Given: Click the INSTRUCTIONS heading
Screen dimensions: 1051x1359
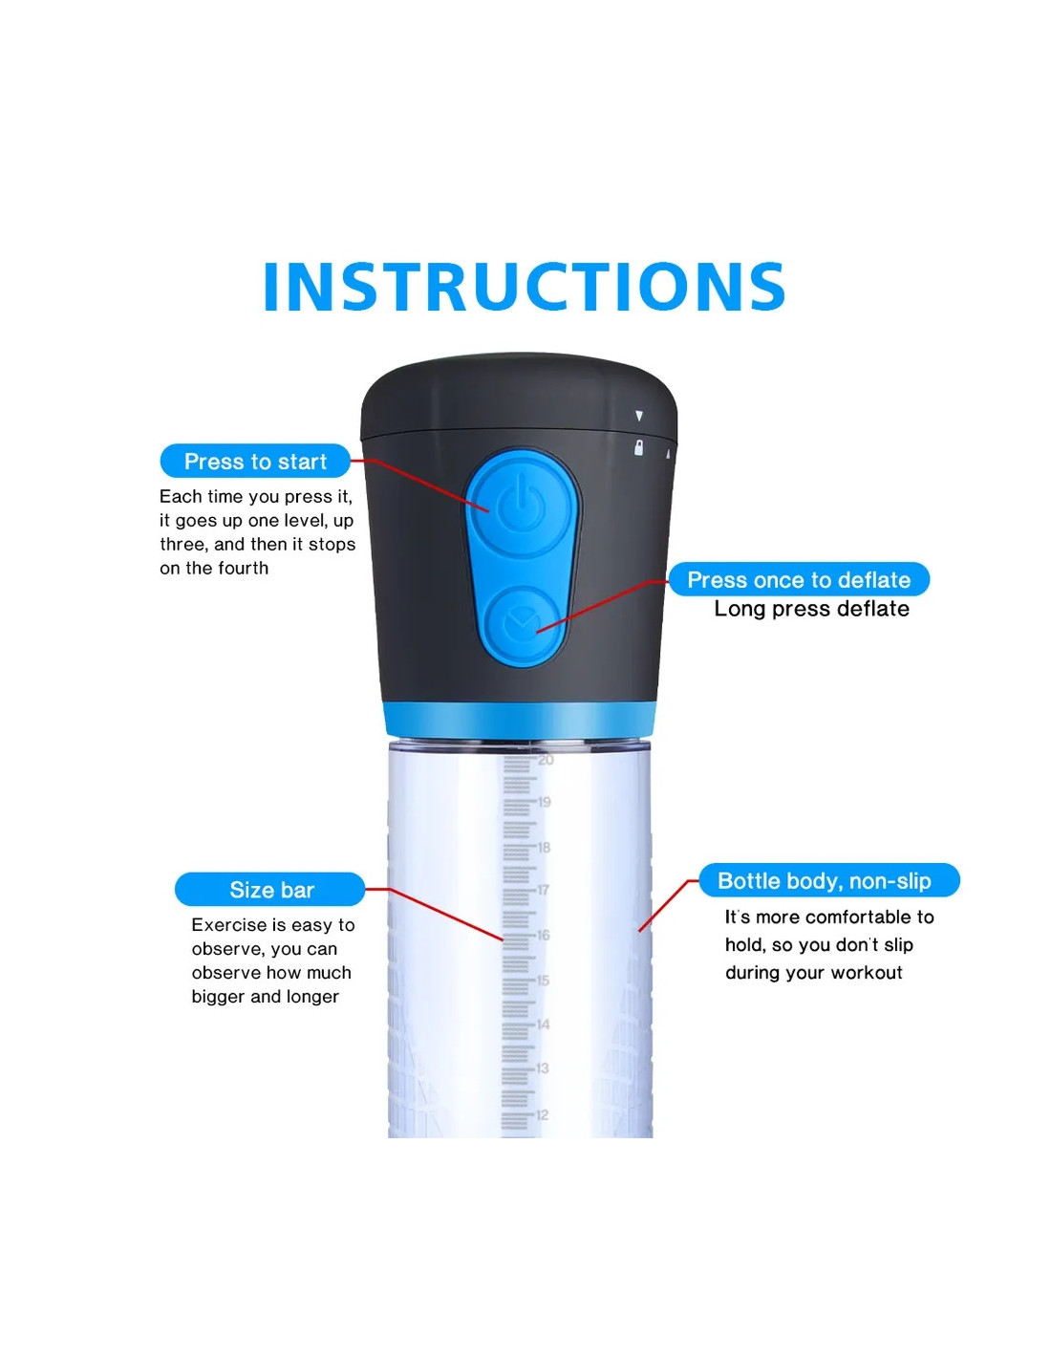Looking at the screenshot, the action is point(525,287).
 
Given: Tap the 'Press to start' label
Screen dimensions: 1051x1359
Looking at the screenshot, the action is point(255,462).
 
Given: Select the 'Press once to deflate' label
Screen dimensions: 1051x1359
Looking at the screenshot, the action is point(799,580).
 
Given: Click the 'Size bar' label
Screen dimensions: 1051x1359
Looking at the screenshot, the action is point(270,890).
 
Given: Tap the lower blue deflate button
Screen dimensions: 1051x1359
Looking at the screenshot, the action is point(524,624).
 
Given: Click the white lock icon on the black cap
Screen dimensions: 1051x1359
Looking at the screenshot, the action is point(638,447).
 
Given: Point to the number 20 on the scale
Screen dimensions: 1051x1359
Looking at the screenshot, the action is point(546,760).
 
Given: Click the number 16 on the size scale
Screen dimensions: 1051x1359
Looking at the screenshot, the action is point(543,935).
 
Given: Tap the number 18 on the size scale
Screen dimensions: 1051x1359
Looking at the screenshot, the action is point(544,848).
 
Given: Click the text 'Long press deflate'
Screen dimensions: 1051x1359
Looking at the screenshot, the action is point(811,609).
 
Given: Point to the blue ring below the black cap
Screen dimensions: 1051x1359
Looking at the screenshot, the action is point(520,720).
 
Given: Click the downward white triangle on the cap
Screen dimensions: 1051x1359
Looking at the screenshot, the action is point(639,416).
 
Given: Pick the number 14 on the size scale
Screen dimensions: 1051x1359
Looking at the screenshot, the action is point(543,1025).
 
